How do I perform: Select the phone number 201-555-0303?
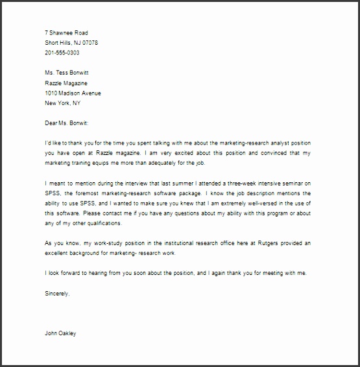[x=63, y=53]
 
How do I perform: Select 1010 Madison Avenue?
[x=73, y=93]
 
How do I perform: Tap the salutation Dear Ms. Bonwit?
[x=70, y=123]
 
